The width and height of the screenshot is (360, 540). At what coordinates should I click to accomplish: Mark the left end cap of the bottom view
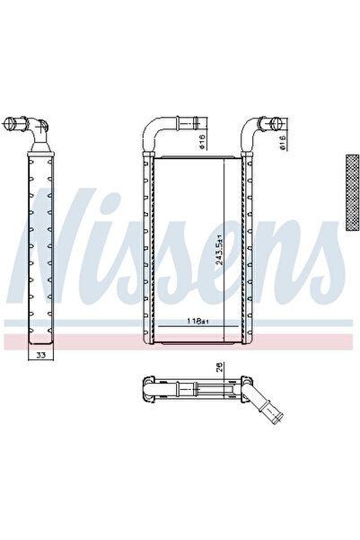145,388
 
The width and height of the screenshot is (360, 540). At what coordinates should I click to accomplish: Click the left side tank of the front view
148,252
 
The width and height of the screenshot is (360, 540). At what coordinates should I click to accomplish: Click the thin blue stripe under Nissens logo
180,323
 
